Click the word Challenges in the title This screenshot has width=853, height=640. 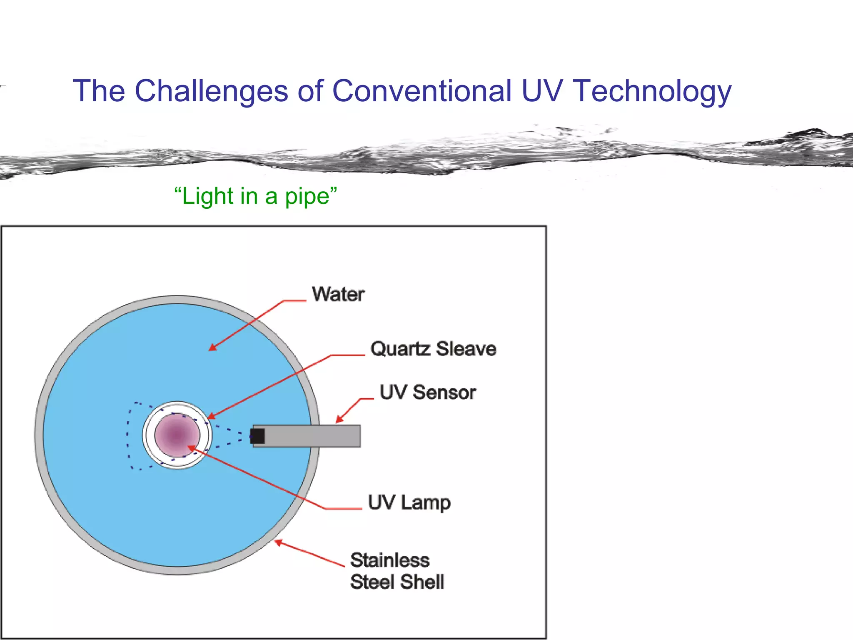coord(211,92)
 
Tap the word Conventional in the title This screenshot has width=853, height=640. coord(422,91)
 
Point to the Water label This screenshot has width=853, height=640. coord(338,295)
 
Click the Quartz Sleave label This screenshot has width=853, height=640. coord(433,349)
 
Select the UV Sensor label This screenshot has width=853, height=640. coord(428,392)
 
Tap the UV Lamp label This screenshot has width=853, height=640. coord(409,503)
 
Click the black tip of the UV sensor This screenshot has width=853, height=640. coord(257,436)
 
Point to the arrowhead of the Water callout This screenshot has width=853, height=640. coord(212,347)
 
